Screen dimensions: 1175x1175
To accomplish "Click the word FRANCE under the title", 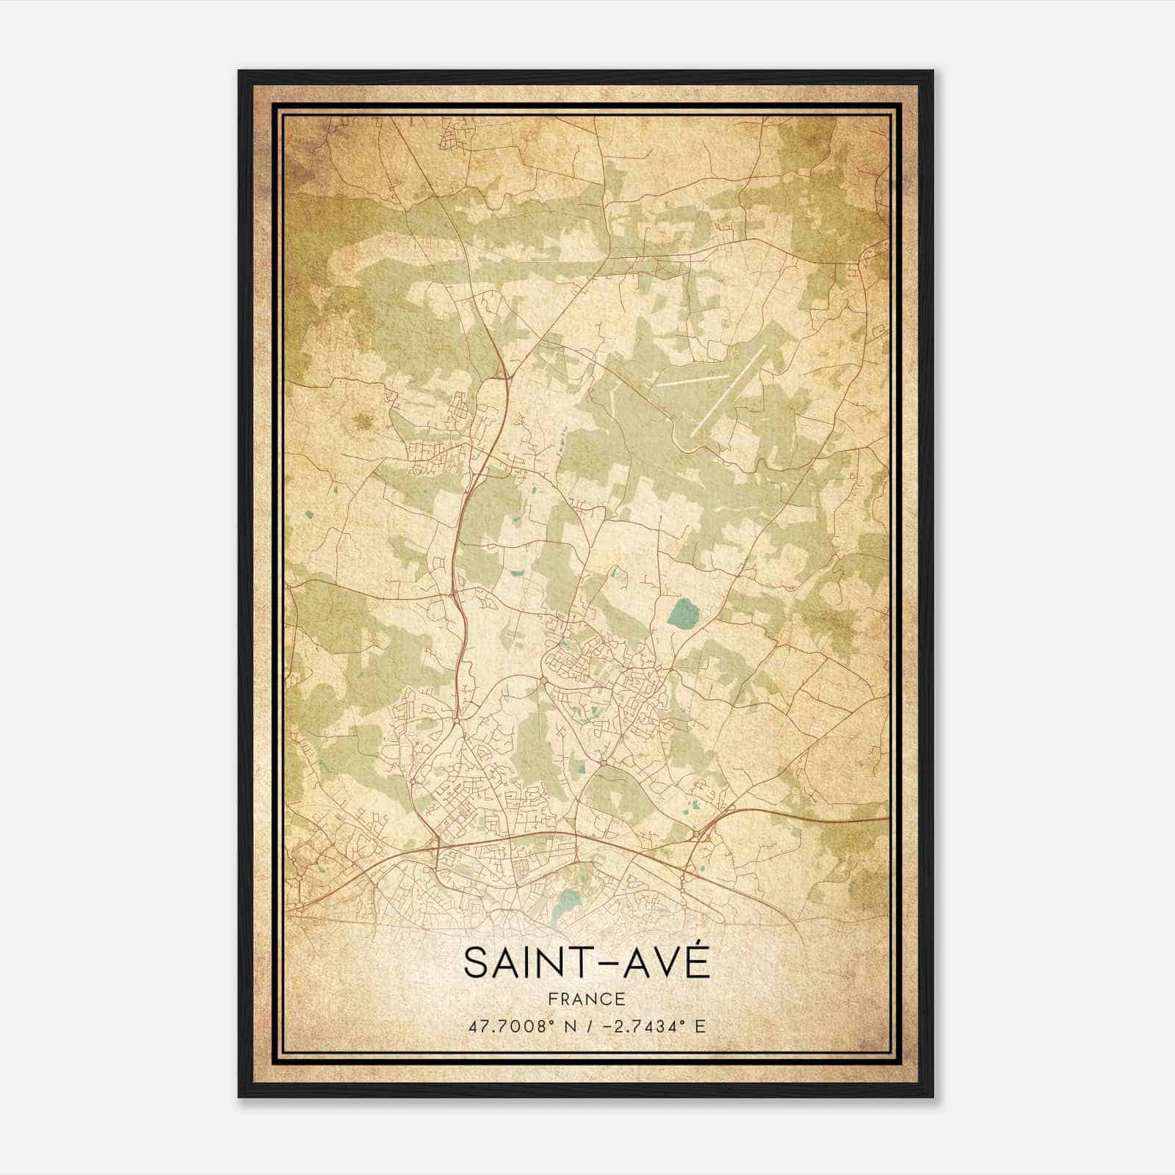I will click(587, 999).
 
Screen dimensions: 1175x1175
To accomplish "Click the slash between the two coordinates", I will click(587, 1026).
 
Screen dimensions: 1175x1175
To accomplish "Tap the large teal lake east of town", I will click(684, 612).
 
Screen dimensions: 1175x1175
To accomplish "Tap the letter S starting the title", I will click(475, 963).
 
